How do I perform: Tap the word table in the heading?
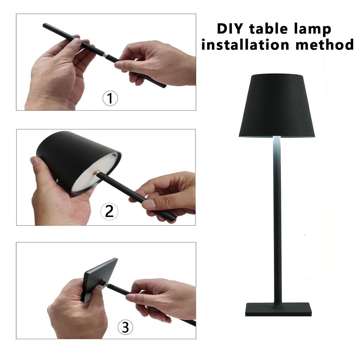(x=268, y=28)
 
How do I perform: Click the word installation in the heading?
(x=245, y=44)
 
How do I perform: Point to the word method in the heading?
(x=324, y=44)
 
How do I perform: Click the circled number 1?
(x=110, y=98)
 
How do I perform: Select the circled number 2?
(x=109, y=211)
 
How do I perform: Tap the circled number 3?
(x=126, y=327)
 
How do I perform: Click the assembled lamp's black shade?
(x=277, y=105)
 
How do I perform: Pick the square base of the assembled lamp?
(x=279, y=309)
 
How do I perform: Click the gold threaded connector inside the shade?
(x=96, y=172)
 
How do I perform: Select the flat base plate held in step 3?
(x=99, y=278)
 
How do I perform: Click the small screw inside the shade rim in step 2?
(x=114, y=155)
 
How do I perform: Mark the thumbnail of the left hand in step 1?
(x=76, y=41)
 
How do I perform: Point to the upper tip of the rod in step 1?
(x=44, y=25)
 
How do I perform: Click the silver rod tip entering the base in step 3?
(x=107, y=285)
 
